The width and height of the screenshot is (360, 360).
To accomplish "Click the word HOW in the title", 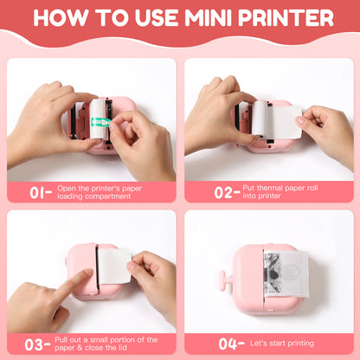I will [57, 18].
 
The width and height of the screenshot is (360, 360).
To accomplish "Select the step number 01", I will [41, 192].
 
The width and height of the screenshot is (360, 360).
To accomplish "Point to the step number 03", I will [37, 344].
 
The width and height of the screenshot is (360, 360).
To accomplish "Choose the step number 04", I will [228, 344].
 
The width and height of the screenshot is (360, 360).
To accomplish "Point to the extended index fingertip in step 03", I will [87, 274].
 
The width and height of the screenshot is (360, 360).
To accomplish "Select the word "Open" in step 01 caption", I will [68, 187].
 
